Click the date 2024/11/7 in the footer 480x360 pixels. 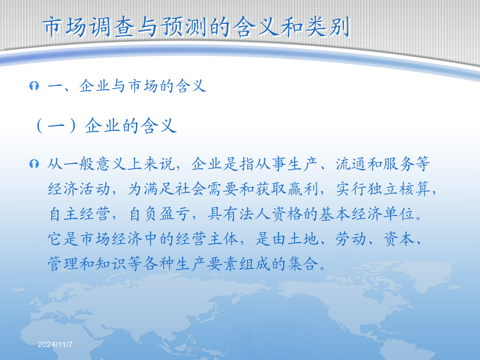click(x=55, y=345)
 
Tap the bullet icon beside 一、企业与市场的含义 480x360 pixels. click(x=34, y=86)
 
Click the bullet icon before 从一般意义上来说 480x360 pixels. click(x=34, y=164)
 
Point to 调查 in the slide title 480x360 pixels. click(x=112, y=27)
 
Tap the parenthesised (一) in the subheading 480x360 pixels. click(x=55, y=126)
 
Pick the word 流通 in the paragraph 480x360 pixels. click(x=351, y=164)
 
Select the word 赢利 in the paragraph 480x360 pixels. click(x=303, y=189)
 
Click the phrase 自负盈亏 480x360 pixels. click(x=159, y=214)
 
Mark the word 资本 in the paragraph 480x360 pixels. click(x=399, y=238)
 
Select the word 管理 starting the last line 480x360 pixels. click(x=63, y=263)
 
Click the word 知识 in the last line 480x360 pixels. click(x=111, y=263)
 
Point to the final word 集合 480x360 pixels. click(x=303, y=263)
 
